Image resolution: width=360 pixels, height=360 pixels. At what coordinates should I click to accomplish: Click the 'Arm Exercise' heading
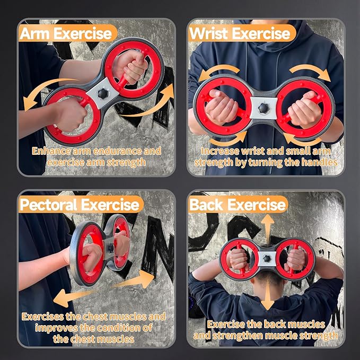pos(66,34)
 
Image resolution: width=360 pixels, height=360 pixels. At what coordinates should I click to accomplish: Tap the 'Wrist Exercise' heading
pos(240,34)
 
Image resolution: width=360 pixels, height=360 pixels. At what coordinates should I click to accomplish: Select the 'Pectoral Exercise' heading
pos(80,204)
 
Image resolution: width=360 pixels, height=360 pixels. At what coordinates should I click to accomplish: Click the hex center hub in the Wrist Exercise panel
pos(264,108)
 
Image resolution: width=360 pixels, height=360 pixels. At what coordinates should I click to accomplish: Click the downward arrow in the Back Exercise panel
pos(268,297)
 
